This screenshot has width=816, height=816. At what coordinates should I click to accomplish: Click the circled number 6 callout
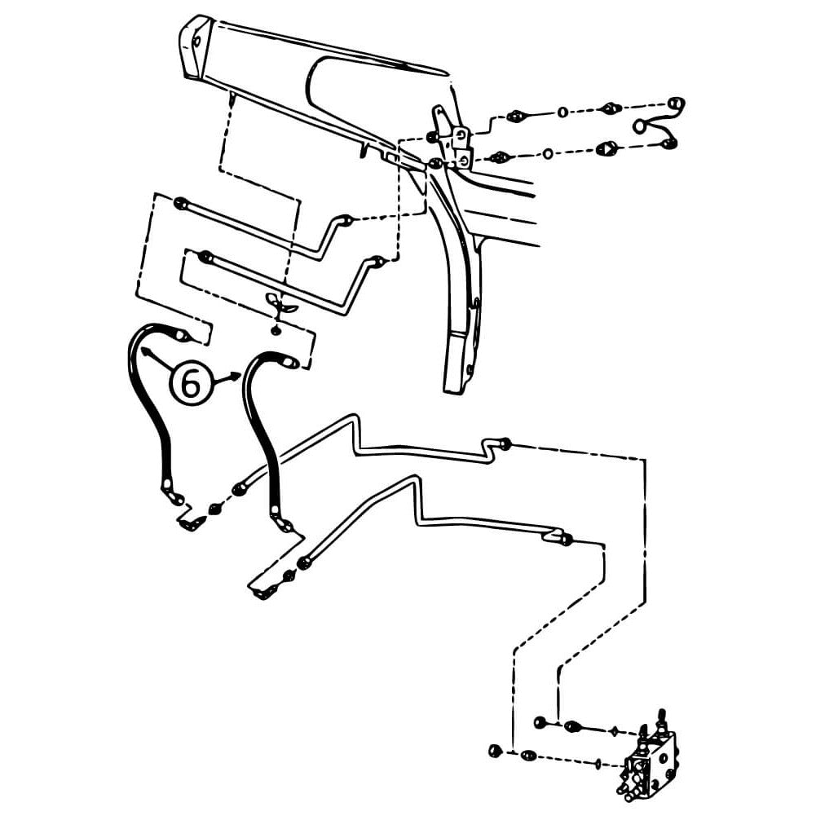coord(189,383)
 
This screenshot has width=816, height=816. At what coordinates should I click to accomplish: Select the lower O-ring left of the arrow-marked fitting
coord(548,153)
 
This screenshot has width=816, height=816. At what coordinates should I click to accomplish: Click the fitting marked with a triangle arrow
coord(608,148)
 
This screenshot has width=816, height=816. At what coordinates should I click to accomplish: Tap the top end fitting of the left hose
coord(180,333)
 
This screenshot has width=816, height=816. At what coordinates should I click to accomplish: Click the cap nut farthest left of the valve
coord(493,750)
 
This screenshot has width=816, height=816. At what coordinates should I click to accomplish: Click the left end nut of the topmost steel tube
coord(181,203)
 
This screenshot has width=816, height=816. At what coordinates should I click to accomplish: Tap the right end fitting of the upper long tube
coord(505,443)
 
